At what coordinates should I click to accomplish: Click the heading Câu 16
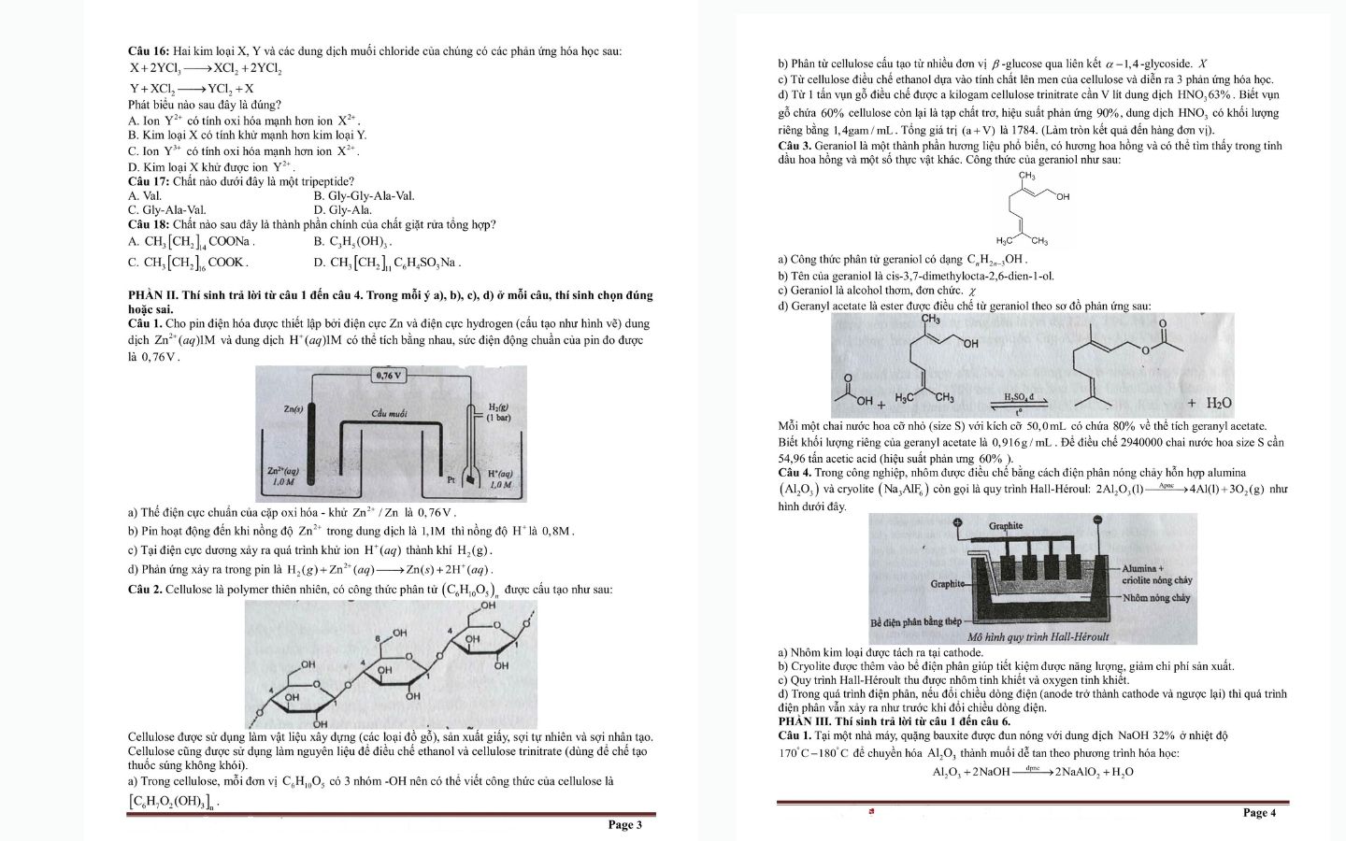(149, 51)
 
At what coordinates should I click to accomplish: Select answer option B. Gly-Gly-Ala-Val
(365, 196)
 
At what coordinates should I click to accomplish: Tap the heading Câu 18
(149, 224)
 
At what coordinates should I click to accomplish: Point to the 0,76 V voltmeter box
(387, 376)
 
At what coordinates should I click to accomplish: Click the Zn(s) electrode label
(293, 409)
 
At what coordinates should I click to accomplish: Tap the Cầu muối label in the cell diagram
(389, 413)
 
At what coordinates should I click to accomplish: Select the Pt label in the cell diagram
(451, 479)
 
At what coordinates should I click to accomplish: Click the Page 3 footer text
(624, 824)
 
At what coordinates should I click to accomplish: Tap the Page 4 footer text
(1259, 812)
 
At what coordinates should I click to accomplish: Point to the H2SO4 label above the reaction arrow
(1019, 397)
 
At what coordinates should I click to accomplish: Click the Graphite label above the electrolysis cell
(1006, 526)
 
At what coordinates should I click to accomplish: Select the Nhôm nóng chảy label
(1156, 597)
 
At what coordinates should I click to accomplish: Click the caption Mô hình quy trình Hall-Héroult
(1038, 636)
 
